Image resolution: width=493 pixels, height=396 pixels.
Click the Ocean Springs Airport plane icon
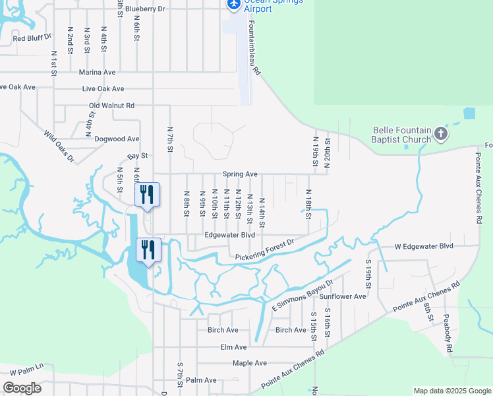tap(233, 4)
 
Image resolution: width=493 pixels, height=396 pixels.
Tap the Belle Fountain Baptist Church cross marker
tap(441, 135)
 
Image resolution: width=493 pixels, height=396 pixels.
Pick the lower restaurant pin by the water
tap(147, 250)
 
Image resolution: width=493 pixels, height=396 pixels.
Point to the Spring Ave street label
tap(239, 174)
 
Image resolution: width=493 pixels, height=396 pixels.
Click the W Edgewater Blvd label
tap(424, 246)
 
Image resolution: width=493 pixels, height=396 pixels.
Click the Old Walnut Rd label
tap(111, 106)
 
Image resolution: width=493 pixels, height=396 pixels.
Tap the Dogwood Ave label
tap(117, 139)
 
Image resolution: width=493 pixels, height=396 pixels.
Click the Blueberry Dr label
tap(144, 9)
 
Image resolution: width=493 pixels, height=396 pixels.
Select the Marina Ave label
tap(97, 72)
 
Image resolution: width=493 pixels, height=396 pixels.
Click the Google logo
tap(22, 388)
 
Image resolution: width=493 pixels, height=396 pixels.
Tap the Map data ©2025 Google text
tap(451, 391)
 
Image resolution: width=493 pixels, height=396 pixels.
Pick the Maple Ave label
tap(249, 363)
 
